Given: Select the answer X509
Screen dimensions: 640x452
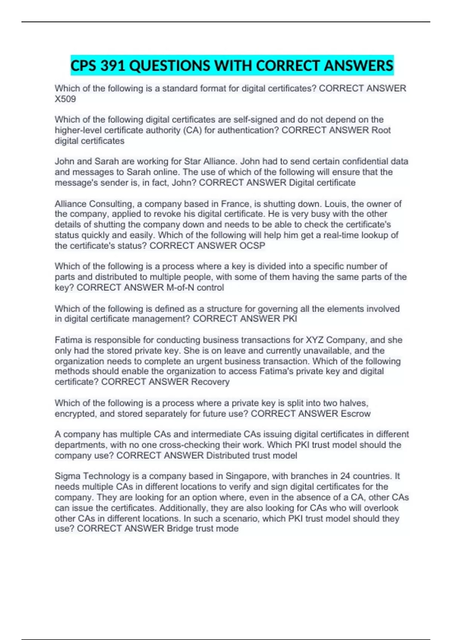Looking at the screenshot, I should pos(65,99).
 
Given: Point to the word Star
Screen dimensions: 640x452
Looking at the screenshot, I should pos(192,162).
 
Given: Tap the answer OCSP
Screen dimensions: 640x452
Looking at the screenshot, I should pos(252,246).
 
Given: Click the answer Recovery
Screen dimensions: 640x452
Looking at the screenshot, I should pos(210,382).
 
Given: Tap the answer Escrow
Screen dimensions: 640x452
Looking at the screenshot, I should pos(356,414).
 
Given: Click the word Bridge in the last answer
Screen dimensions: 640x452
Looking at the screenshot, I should pos(180,529).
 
